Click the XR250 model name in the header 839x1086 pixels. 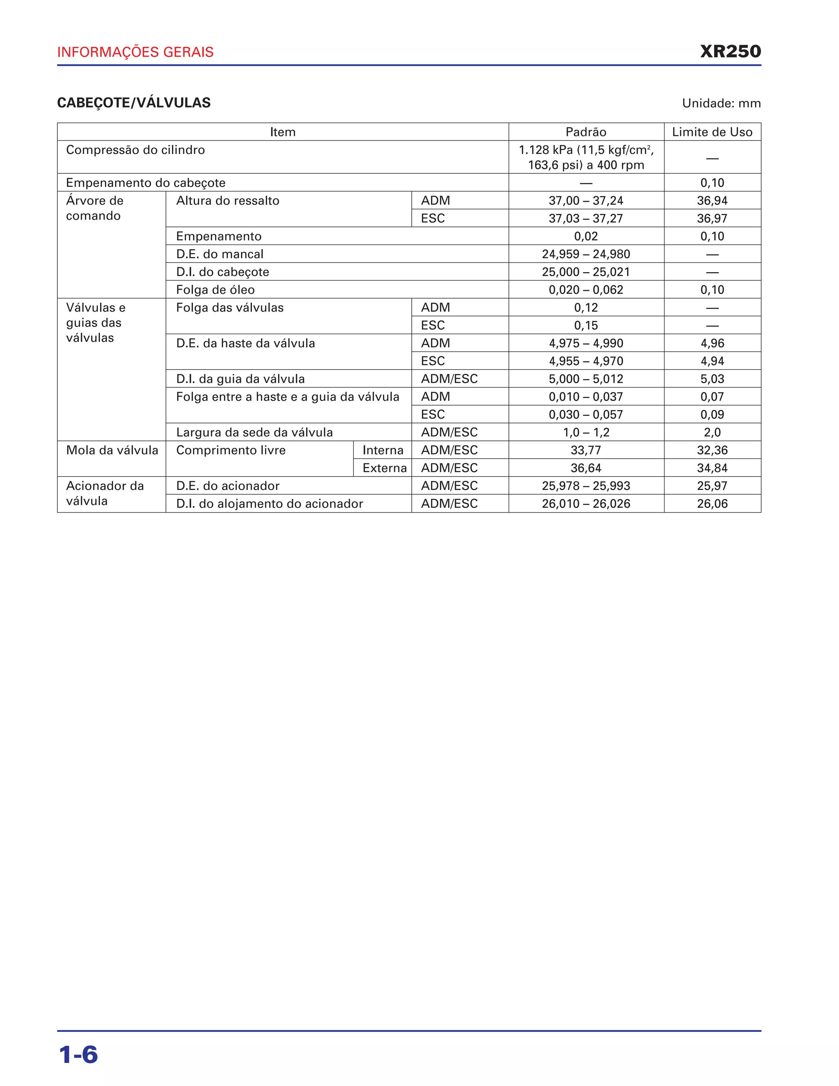pyautogui.click(x=730, y=52)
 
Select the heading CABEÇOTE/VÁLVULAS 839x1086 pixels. pyautogui.click(x=134, y=103)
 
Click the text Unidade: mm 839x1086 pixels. pyautogui.click(x=721, y=103)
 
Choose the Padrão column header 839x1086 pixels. pyautogui.click(x=585, y=132)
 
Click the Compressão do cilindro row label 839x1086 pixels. pyautogui.click(x=135, y=150)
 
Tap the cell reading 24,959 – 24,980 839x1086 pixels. pyautogui.click(x=585, y=254)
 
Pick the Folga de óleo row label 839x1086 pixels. pyautogui.click(x=215, y=290)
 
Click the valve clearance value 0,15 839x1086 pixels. pyautogui.click(x=585, y=325)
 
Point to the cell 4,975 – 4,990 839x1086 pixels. pyautogui.click(x=585, y=343)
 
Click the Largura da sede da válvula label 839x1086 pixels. pyautogui.click(x=254, y=432)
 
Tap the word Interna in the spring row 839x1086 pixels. pyautogui.click(x=383, y=450)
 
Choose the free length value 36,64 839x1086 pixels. pyautogui.click(x=585, y=468)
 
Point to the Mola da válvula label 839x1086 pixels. pyautogui.click(x=112, y=450)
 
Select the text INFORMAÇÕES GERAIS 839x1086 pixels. pyautogui.click(x=135, y=52)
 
